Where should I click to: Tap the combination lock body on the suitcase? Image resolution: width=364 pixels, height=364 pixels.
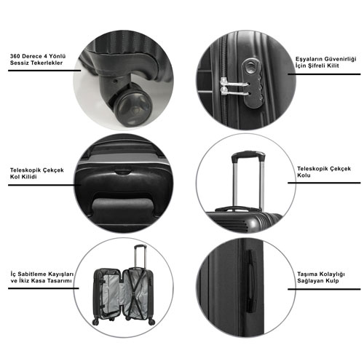pyautogui.click(x=253, y=82)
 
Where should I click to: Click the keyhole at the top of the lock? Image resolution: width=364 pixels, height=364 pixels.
pyautogui.click(x=250, y=67)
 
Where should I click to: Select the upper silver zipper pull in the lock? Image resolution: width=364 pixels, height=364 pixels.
pyautogui.click(x=234, y=83)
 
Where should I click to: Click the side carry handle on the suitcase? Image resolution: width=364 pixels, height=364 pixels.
pyautogui.click(x=251, y=282)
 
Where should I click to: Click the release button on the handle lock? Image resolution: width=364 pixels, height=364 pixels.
pyautogui.click(x=122, y=172)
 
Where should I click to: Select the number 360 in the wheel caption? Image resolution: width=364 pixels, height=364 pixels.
pyautogui.click(x=15, y=56)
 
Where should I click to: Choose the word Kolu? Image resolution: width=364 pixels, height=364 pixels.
pyautogui.click(x=304, y=175)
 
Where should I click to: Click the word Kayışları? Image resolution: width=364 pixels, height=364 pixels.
pyautogui.click(x=60, y=274)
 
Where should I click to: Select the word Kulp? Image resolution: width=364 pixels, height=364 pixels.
pyautogui.click(x=333, y=281)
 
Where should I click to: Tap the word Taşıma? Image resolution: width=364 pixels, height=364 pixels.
pyautogui.click(x=306, y=274)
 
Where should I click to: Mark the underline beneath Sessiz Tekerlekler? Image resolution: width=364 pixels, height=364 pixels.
pyautogui.click(x=44, y=71)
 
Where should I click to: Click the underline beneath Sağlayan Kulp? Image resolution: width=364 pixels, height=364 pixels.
pyautogui.click(x=324, y=289)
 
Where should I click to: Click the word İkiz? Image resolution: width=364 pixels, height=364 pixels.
pyautogui.click(x=24, y=281)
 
